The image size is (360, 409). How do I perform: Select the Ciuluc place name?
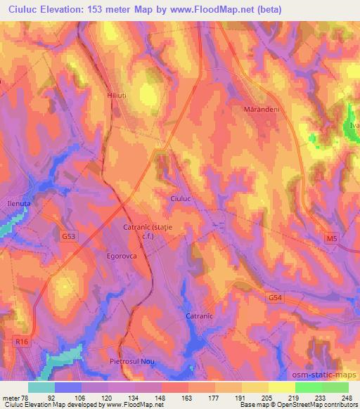(181, 199)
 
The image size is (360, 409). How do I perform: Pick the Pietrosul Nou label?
(131, 361)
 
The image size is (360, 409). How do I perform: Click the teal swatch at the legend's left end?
(41, 387)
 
